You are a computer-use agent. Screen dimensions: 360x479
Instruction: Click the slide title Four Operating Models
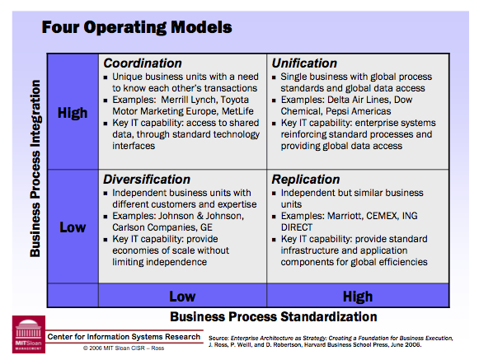point(136,27)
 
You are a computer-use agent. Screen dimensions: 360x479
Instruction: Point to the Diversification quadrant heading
point(147,179)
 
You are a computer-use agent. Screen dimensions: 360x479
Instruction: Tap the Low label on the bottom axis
point(182,295)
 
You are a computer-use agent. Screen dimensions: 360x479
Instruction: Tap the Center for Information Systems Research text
point(124,337)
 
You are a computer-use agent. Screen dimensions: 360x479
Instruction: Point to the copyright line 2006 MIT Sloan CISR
point(124,349)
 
